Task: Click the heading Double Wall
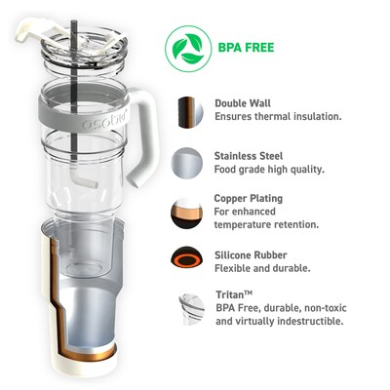(x=244, y=102)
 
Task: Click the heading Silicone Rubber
(x=252, y=253)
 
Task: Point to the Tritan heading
(x=234, y=292)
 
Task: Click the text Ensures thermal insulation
(x=277, y=117)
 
